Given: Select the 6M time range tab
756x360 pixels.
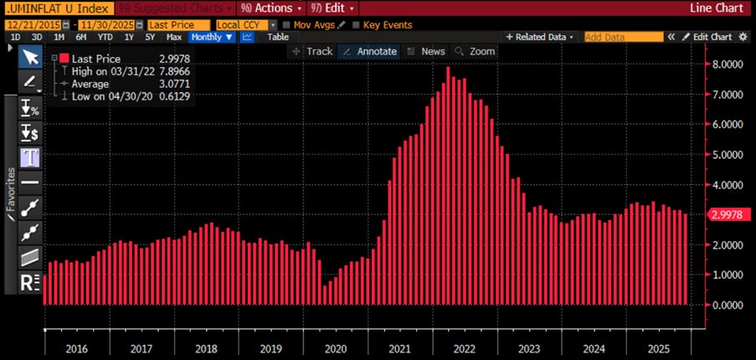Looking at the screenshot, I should click(x=81, y=37).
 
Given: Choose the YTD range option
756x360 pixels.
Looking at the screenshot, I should click(x=104, y=37).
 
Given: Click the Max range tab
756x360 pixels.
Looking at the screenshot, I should click(x=174, y=37).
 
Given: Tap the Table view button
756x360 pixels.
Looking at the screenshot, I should click(x=278, y=37).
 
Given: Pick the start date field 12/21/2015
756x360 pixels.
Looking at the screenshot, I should click(x=33, y=25).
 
